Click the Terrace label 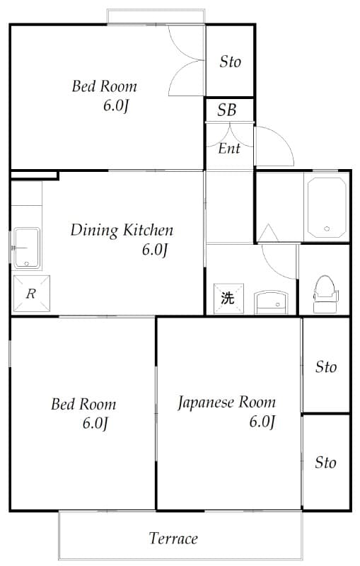173,538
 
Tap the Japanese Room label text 226,403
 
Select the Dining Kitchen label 122,230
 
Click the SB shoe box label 226,110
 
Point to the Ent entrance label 228,149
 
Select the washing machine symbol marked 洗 227,298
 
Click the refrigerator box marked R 30,294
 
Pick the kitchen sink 27,248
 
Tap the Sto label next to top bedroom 230,62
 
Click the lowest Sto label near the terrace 325,463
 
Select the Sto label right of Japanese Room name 325,367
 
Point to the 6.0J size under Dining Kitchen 154,249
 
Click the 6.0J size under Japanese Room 262,422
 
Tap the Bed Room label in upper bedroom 105,87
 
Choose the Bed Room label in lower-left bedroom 83,405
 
